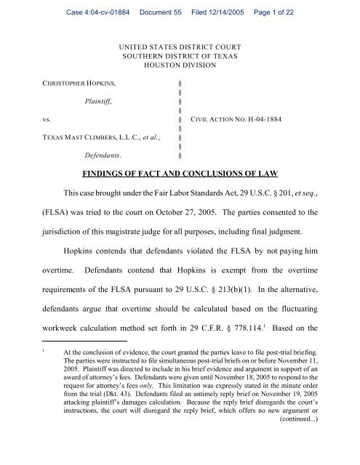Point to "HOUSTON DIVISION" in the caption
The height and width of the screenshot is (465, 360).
180,71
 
